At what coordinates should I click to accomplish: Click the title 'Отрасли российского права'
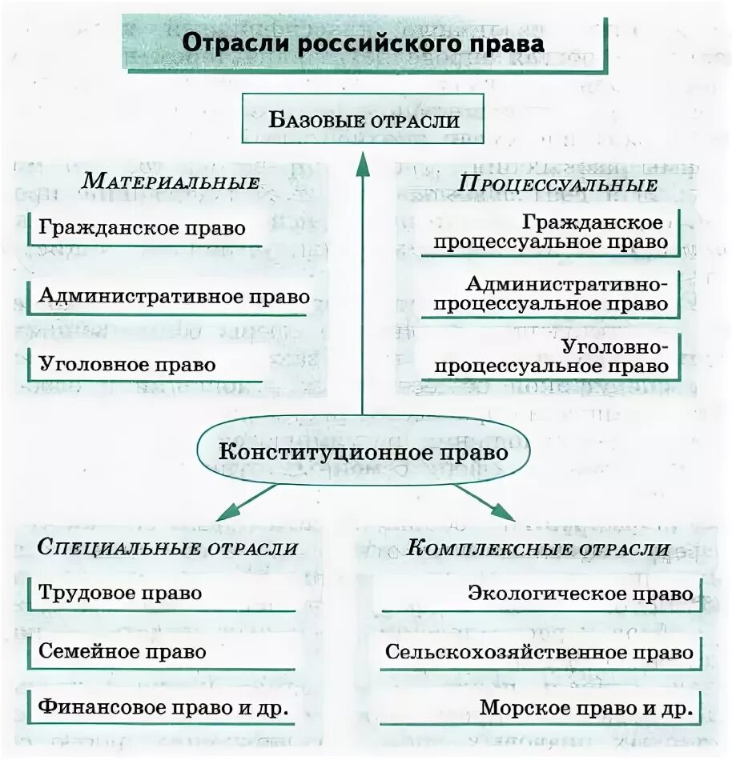tap(363, 43)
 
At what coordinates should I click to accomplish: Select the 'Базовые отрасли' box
tap(363, 119)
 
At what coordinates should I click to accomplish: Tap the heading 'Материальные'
tap(171, 181)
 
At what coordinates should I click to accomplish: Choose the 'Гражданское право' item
tap(142, 227)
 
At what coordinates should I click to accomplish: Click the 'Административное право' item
tap(174, 296)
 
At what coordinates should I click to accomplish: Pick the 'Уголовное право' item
tap(127, 365)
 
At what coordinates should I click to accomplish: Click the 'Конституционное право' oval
tap(363, 452)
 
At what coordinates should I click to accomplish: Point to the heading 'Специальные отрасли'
tap(167, 548)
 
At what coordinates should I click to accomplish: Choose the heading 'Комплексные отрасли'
tap(537, 548)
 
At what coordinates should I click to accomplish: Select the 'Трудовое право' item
tap(120, 593)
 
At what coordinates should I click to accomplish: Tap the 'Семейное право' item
tap(123, 651)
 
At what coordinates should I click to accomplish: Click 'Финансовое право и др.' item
tap(163, 708)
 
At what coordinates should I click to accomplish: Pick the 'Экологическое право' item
tap(580, 594)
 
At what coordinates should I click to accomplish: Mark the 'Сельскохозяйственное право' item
tap(539, 651)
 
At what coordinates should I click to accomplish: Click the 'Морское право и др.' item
tap(585, 708)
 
